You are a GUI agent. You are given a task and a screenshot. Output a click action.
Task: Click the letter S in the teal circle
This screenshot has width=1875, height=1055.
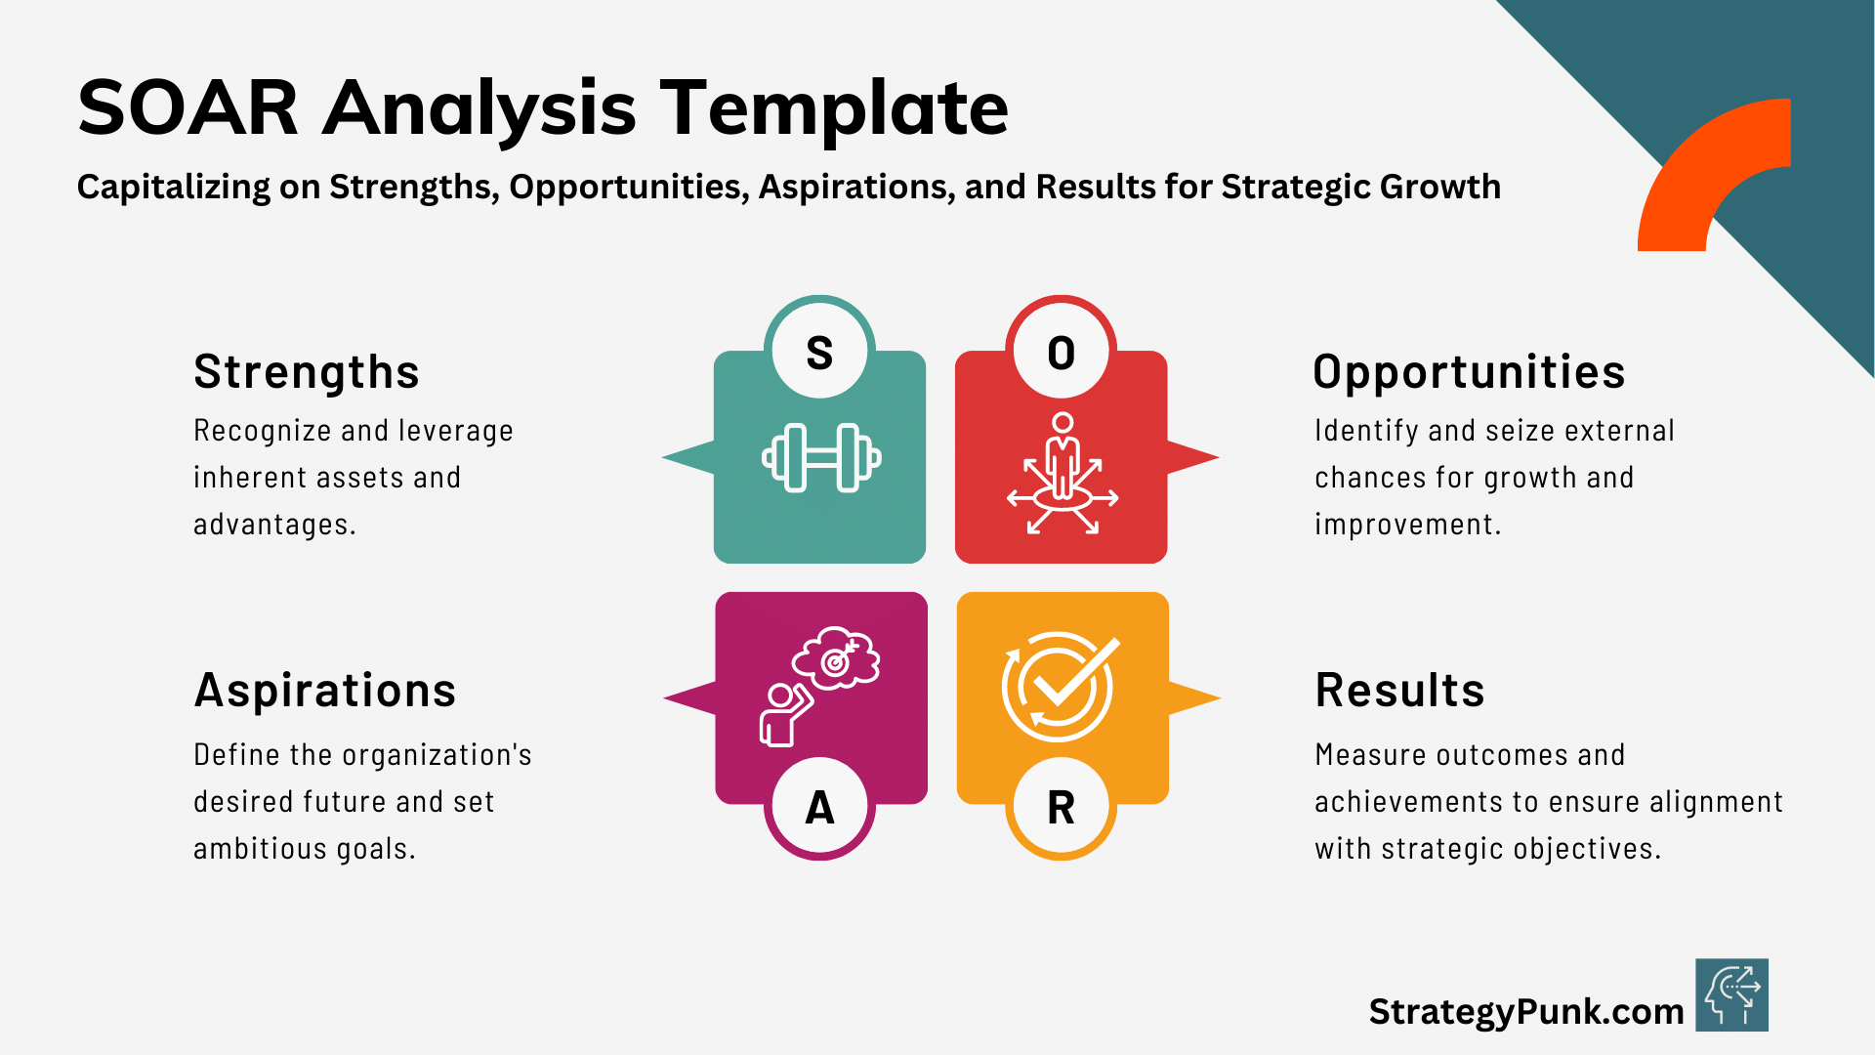pos(819,353)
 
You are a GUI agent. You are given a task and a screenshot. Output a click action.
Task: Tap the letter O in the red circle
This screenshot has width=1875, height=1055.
pos(1061,353)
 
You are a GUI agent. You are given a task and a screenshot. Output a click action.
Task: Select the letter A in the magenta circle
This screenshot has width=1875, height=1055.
pos(819,808)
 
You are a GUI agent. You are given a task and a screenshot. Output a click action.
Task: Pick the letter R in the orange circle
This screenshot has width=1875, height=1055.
pos(1061,808)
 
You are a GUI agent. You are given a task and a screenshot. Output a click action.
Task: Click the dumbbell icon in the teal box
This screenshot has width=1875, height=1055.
pos(821,457)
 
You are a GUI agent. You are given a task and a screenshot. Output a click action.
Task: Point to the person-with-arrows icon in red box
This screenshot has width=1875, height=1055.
pos(1062,474)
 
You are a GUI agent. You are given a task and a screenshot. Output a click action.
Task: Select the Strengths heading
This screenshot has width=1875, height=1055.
pos(307,372)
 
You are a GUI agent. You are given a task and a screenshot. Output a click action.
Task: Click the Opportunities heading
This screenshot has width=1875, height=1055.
pos(1469,372)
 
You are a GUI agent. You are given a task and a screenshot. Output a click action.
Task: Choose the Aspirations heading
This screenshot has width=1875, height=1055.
pos(325,691)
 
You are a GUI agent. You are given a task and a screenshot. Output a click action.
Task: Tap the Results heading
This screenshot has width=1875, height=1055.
pos(1399,691)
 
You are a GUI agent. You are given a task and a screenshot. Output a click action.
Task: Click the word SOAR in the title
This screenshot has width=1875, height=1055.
pos(188,107)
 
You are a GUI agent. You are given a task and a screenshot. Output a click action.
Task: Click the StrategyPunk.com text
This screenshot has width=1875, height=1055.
pos(1525,1011)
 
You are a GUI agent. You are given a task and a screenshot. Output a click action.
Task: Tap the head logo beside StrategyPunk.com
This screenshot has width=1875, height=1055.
pos(1731,995)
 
